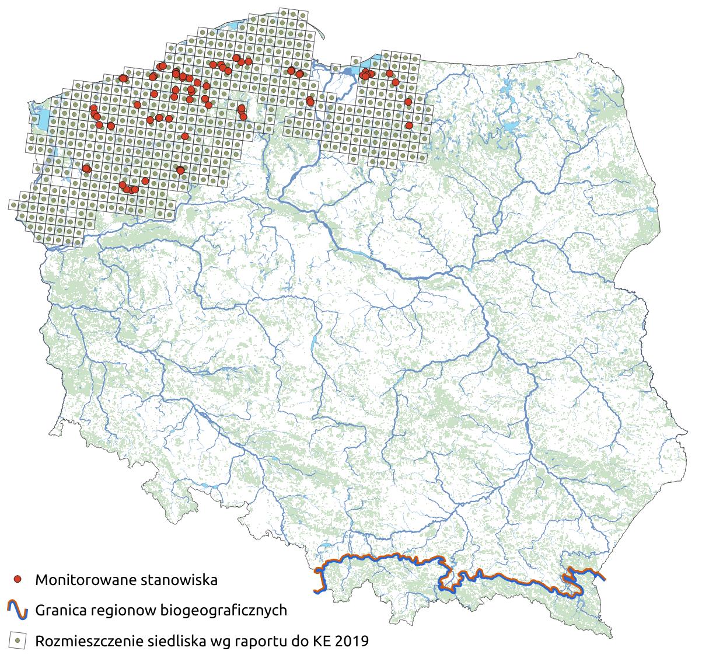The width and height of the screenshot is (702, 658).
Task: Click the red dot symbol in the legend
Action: click(x=18, y=579)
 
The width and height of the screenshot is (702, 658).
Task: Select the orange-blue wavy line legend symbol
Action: click(x=18, y=610)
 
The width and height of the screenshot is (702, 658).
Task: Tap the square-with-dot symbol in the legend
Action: click(x=18, y=640)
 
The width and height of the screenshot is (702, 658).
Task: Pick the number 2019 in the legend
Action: click(x=351, y=641)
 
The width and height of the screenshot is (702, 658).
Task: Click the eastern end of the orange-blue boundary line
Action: click(x=604, y=579)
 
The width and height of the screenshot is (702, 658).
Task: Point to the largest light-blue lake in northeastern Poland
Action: click(x=511, y=126)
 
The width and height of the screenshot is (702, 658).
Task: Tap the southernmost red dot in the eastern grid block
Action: click(x=409, y=125)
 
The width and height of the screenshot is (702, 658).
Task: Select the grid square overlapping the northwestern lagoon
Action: click(x=36, y=120)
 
